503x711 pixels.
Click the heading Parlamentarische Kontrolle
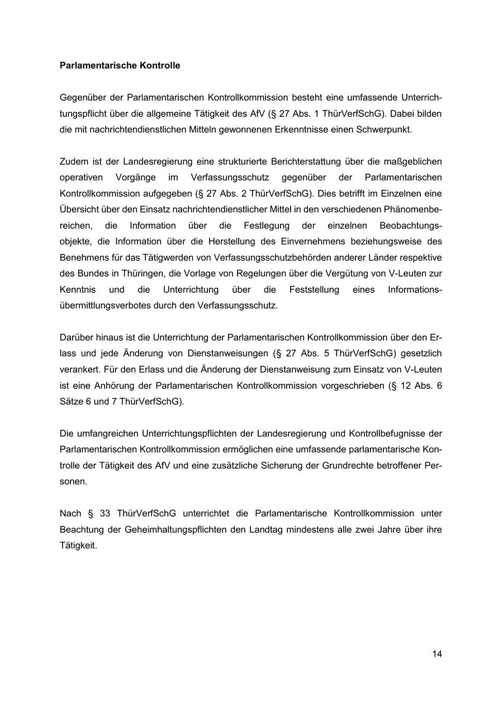point(120,65)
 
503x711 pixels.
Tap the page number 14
point(436,653)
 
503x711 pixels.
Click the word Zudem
point(73,162)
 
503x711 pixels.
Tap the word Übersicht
point(78,210)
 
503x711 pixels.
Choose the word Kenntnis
point(78,290)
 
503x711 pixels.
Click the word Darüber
point(76,338)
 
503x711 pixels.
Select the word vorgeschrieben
point(352,386)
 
